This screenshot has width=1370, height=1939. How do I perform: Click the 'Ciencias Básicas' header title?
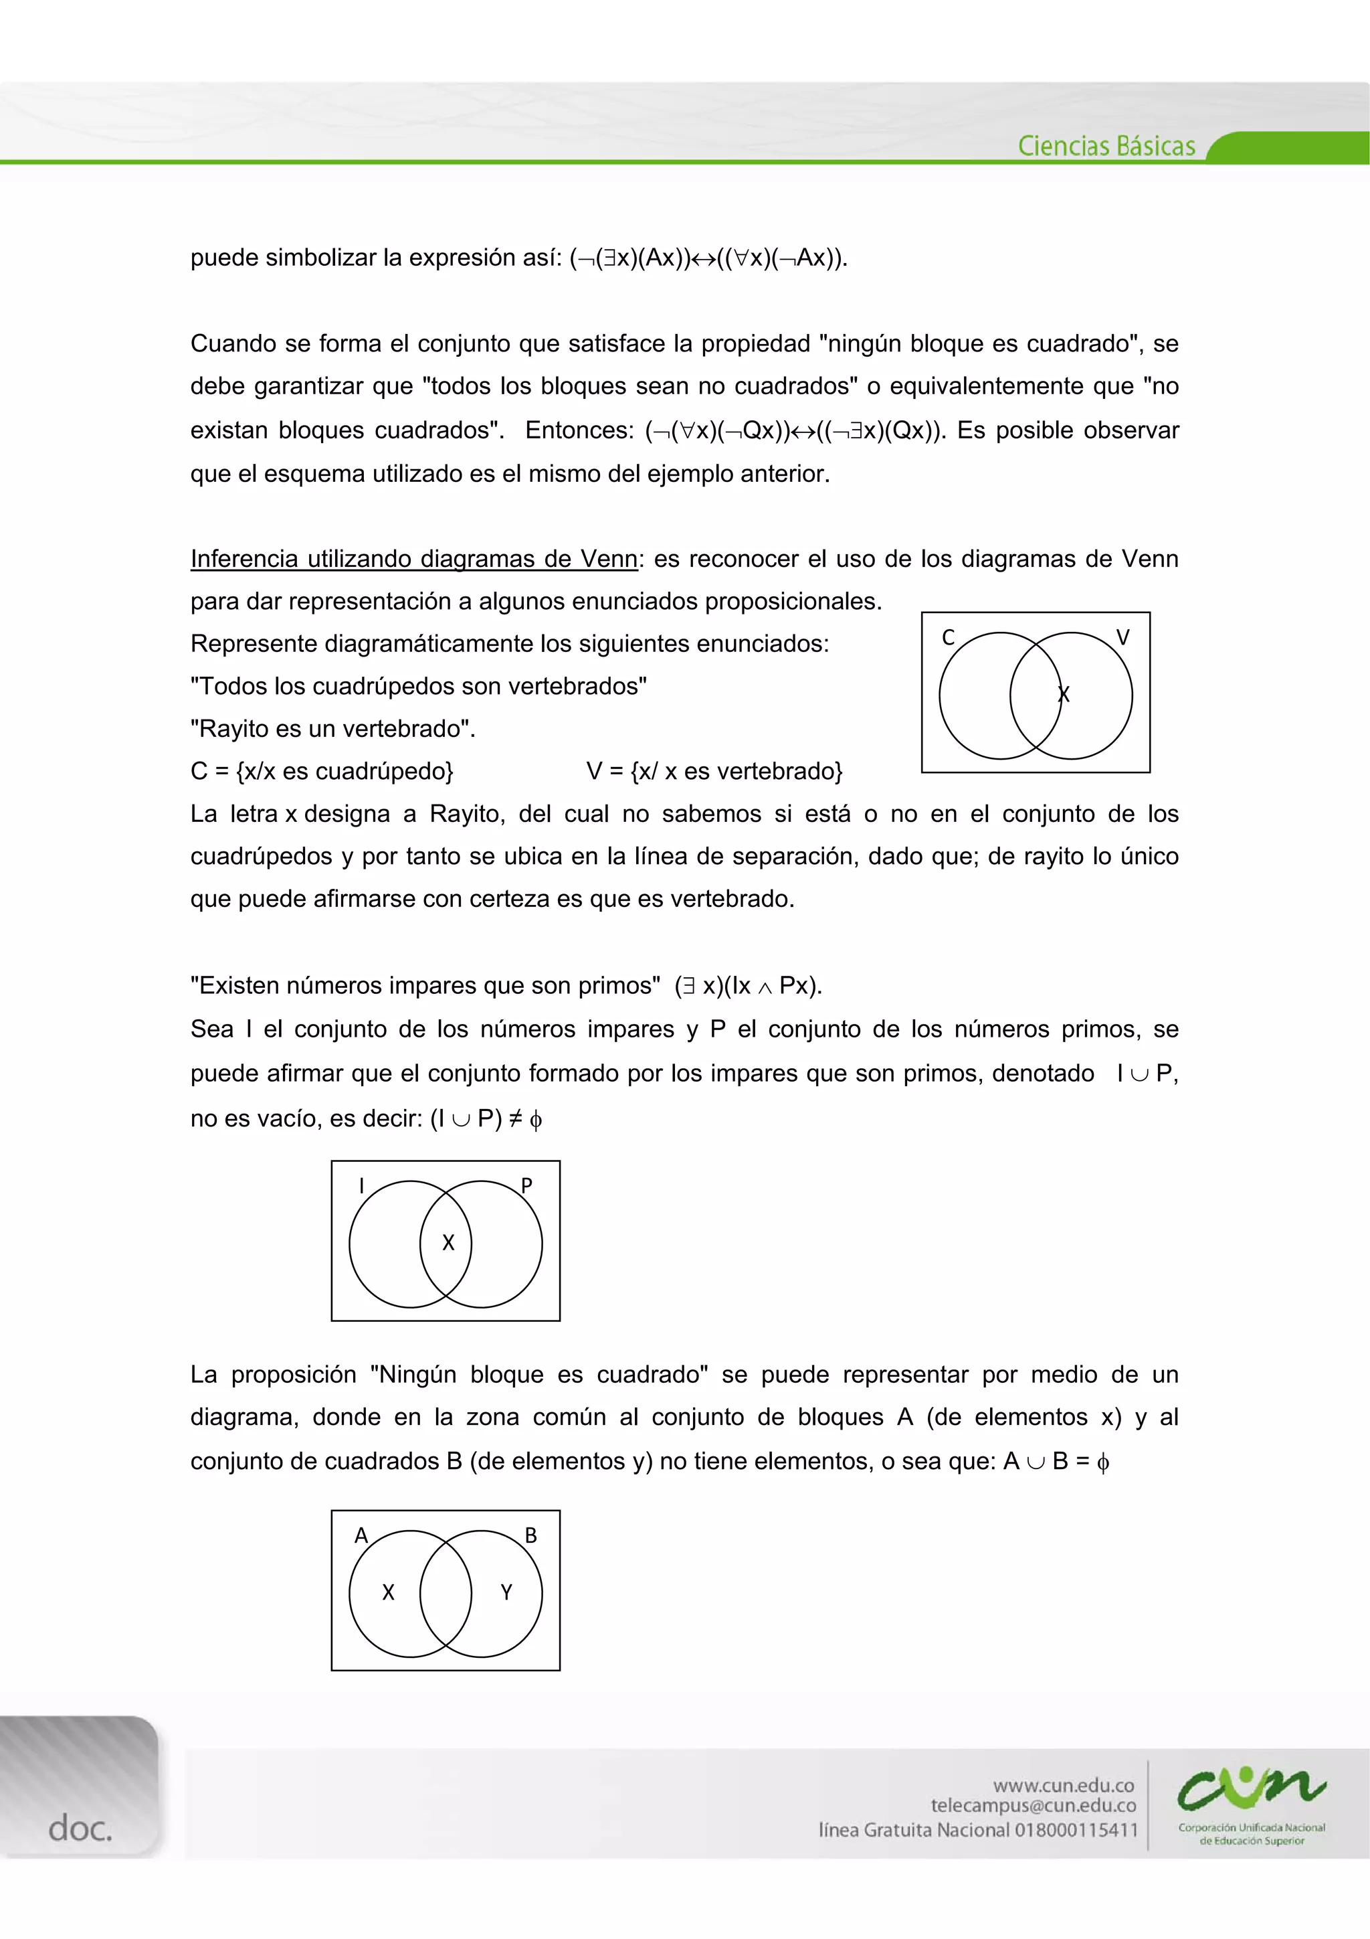point(1106,146)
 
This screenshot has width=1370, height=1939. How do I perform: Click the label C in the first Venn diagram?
point(948,638)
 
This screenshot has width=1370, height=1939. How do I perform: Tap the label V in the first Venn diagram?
point(1122,638)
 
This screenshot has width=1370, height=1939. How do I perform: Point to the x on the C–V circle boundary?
point(1064,694)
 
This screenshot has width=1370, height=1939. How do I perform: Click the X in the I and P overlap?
point(448,1242)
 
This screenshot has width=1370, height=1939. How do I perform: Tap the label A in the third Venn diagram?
point(361,1535)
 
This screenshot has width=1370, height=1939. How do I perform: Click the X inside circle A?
point(388,1592)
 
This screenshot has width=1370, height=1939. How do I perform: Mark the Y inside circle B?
point(506,1592)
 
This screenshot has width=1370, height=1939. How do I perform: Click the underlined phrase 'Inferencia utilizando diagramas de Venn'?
point(413,559)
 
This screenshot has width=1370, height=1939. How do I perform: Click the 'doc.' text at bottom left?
point(80,1829)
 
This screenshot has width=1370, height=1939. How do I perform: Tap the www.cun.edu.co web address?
point(1064,1785)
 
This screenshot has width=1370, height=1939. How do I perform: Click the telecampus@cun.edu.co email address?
point(1034,1806)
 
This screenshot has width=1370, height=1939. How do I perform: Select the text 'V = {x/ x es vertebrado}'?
point(714,771)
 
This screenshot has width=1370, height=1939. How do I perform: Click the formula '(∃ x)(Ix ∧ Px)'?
point(748,985)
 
